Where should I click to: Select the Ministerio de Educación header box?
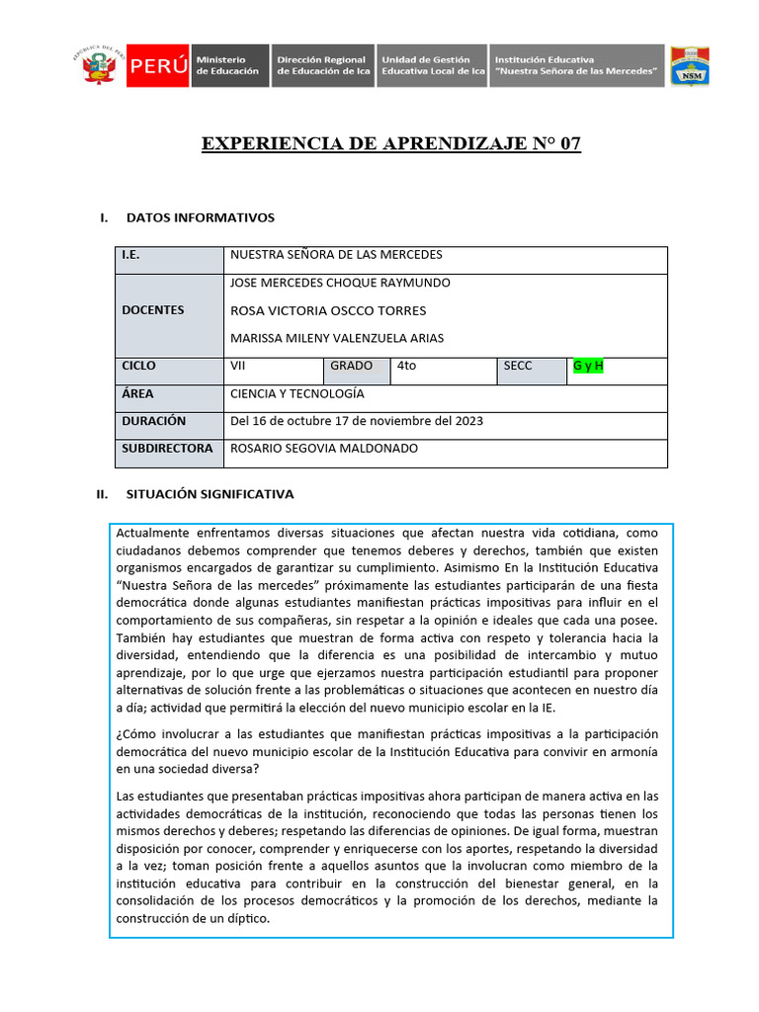228,66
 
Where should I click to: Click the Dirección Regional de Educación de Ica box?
321,66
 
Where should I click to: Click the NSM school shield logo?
689,66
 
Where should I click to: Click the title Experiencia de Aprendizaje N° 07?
391,144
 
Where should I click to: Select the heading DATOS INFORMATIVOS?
201,217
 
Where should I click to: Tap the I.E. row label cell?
170,255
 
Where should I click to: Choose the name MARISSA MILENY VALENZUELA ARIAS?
337,338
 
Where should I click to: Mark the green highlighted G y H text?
588,366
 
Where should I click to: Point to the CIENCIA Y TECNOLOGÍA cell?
297,393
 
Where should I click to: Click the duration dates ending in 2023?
356,421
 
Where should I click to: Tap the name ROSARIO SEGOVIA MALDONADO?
324,449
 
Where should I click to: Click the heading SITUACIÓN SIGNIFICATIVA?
210,494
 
